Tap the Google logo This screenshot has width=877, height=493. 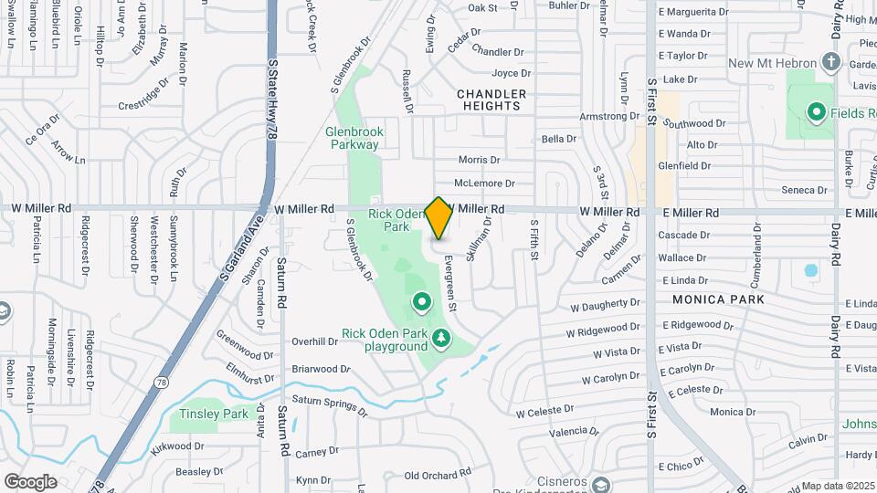tap(31, 481)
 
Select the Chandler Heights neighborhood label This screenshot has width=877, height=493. tap(491, 100)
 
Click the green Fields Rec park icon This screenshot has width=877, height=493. tap(817, 113)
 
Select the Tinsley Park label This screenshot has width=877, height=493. tap(214, 414)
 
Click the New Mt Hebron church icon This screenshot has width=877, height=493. tap(830, 62)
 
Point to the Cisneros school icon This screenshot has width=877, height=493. tap(599, 484)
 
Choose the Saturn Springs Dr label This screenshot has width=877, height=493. tap(329, 406)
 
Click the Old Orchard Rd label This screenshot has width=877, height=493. tap(437, 475)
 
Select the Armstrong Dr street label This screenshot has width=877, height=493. tap(610, 116)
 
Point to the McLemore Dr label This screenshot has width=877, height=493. tap(484, 183)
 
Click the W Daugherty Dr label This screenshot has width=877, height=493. tap(605, 303)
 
